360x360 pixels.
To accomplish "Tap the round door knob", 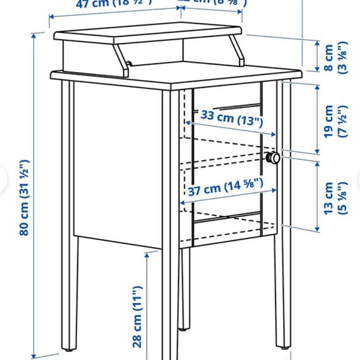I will pos(272,158).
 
